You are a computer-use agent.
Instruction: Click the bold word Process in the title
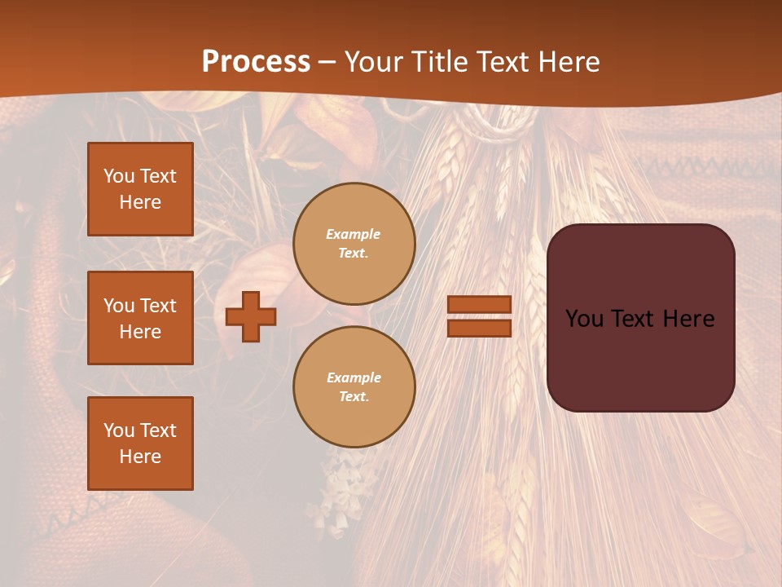point(256,61)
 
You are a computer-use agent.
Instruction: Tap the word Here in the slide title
point(565,61)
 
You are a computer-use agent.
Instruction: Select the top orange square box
point(140,189)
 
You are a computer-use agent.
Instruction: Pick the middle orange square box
point(140,318)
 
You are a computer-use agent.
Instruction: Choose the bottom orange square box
point(140,444)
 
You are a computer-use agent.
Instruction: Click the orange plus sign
point(251,316)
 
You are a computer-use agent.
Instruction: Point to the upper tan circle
point(354,244)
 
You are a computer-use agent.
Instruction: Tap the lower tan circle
point(354,387)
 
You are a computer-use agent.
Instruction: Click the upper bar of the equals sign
point(480,305)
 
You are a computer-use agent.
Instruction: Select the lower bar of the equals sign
point(480,328)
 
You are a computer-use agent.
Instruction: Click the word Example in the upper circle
point(354,234)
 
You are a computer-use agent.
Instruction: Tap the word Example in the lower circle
point(354,377)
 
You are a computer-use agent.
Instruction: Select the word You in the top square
point(119,176)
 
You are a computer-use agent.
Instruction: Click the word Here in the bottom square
point(140,457)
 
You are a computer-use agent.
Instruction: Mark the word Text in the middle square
point(158,306)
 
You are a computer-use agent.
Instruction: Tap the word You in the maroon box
point(584,319)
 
